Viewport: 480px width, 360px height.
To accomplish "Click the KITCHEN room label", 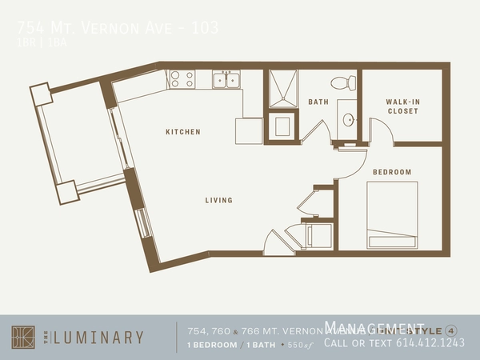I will (182, 132).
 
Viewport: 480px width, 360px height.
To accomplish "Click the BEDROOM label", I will (392, 172).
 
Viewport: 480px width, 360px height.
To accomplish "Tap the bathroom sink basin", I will (349, 120).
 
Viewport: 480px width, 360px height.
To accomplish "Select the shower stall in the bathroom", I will (282, 87).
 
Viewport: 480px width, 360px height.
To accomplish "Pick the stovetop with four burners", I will (182, 79).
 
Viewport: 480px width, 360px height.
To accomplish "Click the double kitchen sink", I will (226, 80).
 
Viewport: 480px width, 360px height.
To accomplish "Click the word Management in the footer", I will (374, 326).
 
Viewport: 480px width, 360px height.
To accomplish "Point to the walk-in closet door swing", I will (381, 131).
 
